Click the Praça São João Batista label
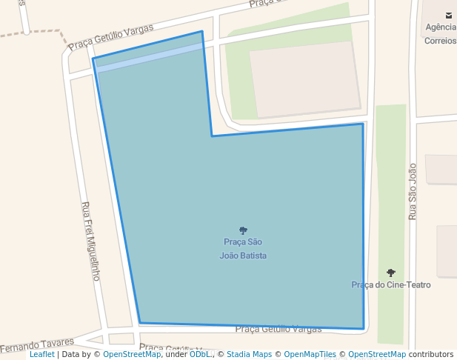243,249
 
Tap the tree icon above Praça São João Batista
243,230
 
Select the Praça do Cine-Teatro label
390,284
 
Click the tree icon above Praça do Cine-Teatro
391,273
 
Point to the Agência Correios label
440,34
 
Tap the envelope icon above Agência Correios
448,15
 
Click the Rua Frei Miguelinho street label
90,241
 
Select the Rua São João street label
413,191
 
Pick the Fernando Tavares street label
37,345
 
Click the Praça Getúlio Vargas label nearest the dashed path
111,37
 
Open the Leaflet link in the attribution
41,355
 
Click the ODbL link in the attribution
200,355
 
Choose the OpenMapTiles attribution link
310,355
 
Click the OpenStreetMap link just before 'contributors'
376,355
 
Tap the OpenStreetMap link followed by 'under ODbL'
132,355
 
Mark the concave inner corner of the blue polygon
212,136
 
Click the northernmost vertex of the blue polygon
201,31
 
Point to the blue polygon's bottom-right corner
364,328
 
